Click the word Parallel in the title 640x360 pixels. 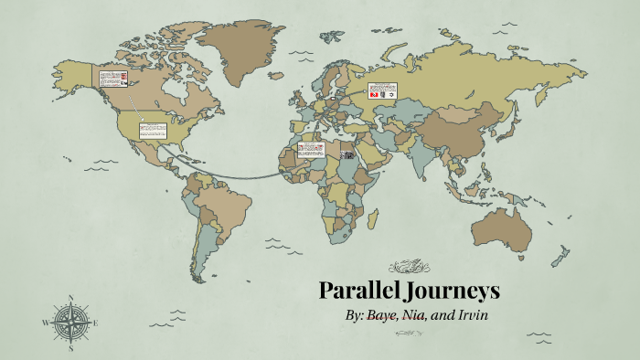click(x=360, y=291)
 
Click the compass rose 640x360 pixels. click(x=70, y=322)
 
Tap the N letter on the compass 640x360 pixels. click(x=70, y=297)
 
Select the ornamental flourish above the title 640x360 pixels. click(x=409, y=267)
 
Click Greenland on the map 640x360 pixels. click(x=240, y=50)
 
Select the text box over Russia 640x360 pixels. click(x=381, y=90)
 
